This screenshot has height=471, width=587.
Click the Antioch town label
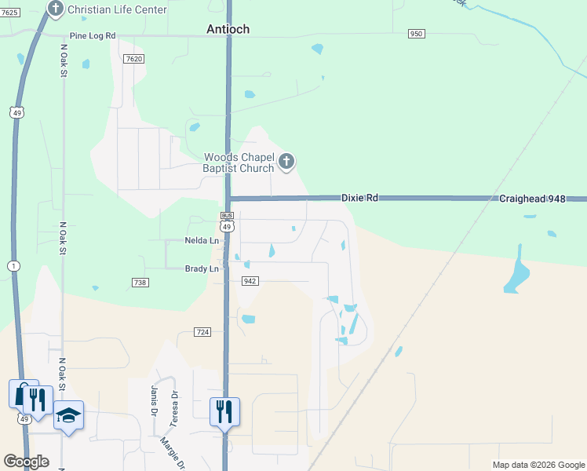coord(228,29)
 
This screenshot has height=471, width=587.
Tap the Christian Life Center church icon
coord(55,9)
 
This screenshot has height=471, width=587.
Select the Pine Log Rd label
coord(92,36)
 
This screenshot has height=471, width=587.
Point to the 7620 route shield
coord(134,59)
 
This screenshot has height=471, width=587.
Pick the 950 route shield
coord(416,34)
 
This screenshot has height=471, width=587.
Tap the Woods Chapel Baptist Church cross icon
coord(286,162)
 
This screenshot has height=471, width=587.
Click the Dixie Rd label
coord(360,198)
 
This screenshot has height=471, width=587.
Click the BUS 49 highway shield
coord(227,221)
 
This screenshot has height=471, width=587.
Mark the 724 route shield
coord(202,333)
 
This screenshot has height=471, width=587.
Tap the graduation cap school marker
coord(68,414)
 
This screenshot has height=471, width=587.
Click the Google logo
coord(26,462)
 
